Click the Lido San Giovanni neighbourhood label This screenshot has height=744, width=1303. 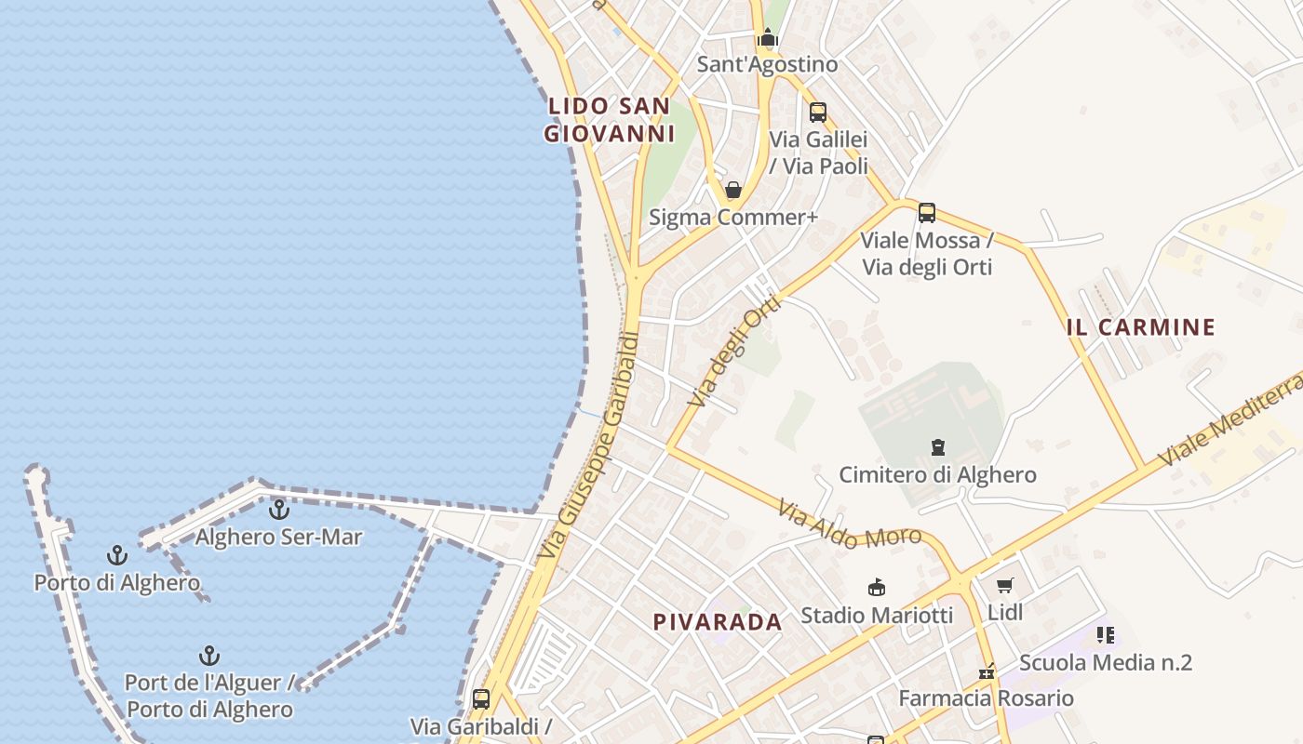pos(610,120)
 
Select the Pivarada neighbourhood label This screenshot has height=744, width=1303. pos(718,622)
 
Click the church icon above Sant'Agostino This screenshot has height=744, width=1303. pos(767,38)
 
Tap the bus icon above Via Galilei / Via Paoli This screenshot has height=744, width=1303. pos(817,113)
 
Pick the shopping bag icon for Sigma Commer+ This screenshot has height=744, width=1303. pos(733,191)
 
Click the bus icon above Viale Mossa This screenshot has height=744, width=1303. pos(927,213)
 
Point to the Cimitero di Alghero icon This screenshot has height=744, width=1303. pos(937,448)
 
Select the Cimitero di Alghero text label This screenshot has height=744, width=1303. pos(937,475)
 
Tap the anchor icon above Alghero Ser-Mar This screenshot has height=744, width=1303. pos(278,510)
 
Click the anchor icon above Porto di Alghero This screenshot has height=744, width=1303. pos(117,556)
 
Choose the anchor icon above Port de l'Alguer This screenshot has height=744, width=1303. pos(209,656)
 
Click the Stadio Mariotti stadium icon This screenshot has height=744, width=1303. pos(876,588)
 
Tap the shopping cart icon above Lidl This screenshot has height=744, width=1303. pos(1004,585)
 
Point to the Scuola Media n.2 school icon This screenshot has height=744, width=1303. pos(1106,635)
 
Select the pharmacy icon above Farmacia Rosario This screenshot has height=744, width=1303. pos(987,671)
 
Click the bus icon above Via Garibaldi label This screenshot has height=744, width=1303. pos(481,699)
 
